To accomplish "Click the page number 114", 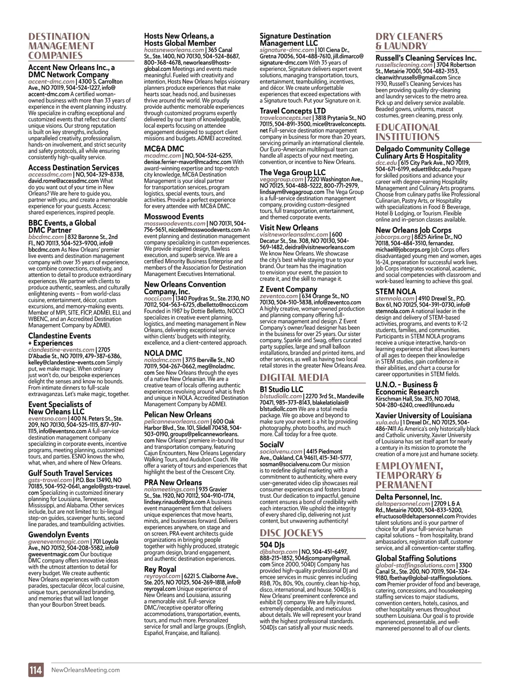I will click(36, 670).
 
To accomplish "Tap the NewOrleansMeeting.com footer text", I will click(85, 670).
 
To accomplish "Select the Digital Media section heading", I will click(294, 377).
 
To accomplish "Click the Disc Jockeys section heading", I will click(291, 532).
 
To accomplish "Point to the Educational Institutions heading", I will click(407, 132).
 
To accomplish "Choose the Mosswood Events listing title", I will click(174, 216).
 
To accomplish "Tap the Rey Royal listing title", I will click(160, 569).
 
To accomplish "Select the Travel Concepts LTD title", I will click(293, 111).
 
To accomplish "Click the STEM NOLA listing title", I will click(395, 292).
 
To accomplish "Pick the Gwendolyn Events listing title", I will click(59, 535).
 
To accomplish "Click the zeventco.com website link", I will click(279, 296).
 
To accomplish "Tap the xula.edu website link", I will click(387, 422).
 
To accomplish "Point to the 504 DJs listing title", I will click(272, 544).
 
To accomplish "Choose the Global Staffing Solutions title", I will click(416, 558).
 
